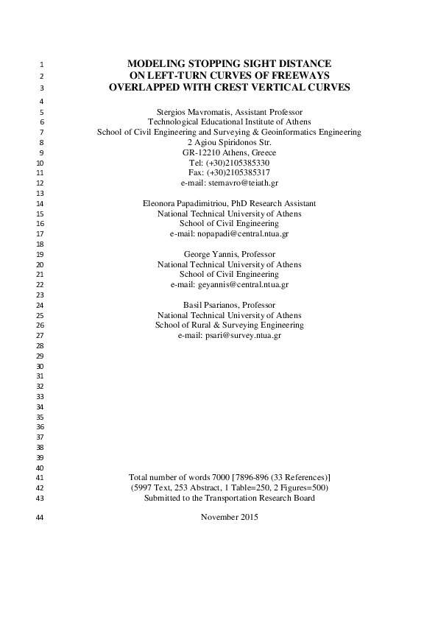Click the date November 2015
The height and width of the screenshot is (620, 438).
tap(229, 517)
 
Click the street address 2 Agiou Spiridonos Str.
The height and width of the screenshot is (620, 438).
tap(230, 142)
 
